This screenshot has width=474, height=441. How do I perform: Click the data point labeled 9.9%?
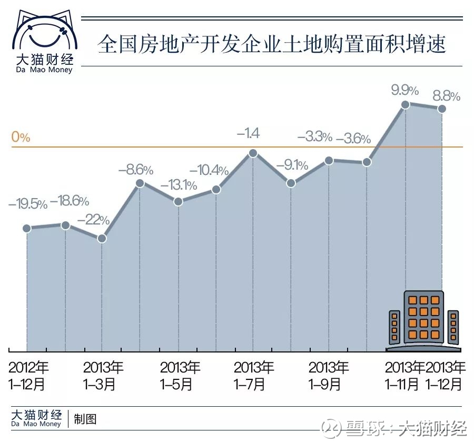pos(405,105)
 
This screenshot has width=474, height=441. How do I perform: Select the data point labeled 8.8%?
pos(442,109)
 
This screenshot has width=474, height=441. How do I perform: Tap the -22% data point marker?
pos(102,238)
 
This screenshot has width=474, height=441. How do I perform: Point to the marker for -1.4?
pos(253,153)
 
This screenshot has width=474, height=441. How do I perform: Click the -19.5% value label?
pos(28,204)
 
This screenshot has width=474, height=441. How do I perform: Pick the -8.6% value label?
pos(136,170)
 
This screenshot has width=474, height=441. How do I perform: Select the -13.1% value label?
pos(179,185)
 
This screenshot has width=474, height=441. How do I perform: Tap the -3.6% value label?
pos(353,139)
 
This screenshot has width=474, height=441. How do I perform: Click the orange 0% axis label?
pos(21,136)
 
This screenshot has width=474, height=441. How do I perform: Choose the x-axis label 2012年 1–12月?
pos(28,376)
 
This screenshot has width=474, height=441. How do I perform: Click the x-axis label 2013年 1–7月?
pos(253,376)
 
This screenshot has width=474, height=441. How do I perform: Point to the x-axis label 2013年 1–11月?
pos(404,376)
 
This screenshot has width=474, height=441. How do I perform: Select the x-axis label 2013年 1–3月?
pos(103,376)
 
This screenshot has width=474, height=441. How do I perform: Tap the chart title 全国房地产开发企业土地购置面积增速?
pos(271,44)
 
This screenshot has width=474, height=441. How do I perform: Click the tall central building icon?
pos(423,317)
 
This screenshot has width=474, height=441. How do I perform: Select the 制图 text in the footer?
pos(85,419)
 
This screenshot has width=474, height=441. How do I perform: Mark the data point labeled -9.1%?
pos(291,183)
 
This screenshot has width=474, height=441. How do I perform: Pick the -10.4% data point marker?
pos(216,189)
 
